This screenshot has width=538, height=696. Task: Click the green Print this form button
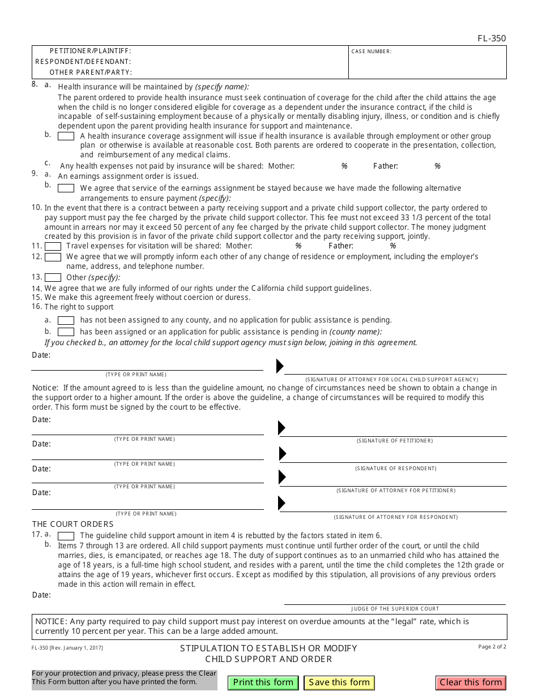click(x=263, y=682)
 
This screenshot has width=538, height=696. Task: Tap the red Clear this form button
click(x=471, y=682)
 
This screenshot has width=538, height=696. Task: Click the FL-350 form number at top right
click(x=492, y=38)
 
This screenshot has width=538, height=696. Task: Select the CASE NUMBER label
click(x=371, y=51)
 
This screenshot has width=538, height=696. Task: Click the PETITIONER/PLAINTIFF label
click(x=90, y=51)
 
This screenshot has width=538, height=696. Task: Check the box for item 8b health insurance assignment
click(x=66, y=136)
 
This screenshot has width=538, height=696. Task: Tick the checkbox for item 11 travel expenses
click(x=53, y=246)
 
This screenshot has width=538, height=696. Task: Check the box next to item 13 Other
click(x=53, y=277)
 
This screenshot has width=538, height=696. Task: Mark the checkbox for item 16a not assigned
click(x=66, y=320)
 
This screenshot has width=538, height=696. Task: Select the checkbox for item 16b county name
click(x=66, y=332)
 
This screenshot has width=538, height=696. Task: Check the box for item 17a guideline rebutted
click(x=66, y=535)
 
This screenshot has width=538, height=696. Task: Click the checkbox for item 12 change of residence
click(x=53, y=257)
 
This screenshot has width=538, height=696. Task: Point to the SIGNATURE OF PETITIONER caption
click(x=395, y=441)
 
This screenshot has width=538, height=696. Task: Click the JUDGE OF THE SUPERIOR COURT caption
click(x=395, y=609)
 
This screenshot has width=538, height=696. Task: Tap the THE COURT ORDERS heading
click(x=72, y=524)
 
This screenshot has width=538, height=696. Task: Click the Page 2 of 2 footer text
click(x=492, y=647)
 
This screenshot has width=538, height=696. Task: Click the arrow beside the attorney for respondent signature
click(x=282, y=502)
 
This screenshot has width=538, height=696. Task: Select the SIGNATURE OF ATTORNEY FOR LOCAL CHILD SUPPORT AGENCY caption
click(x=392, y=379)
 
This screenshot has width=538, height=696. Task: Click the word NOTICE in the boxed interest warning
click(x=50, y=621)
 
